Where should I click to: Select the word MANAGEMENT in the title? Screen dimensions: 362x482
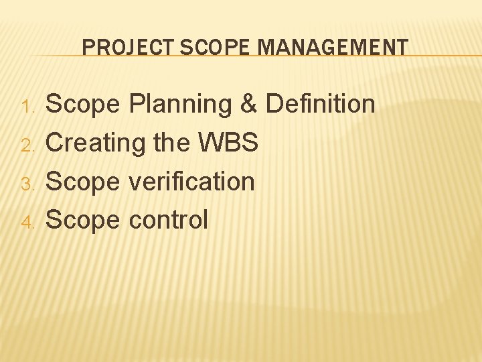click(x=332, y=47)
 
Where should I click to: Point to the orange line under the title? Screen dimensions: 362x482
click(x=268, y=56)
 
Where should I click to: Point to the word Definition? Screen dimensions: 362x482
click(x=321, y=105)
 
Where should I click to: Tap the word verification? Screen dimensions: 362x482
click(x=191, y=181)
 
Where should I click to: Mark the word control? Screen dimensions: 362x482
click(x=168, y=220)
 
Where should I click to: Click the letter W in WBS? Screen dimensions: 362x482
click(x=212, y=143)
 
